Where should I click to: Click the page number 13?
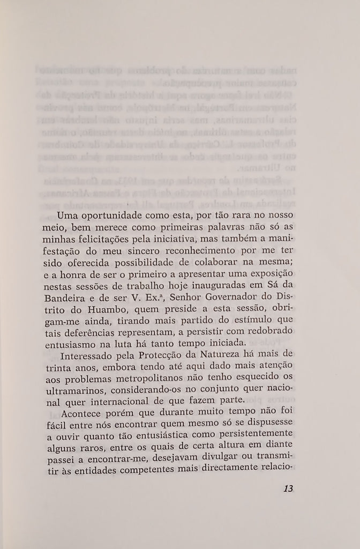click(x=287, y=489)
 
